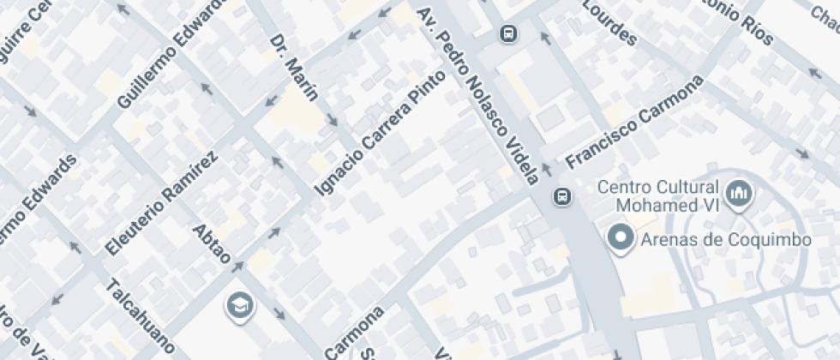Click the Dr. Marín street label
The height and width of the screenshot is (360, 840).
(x=293, y=67)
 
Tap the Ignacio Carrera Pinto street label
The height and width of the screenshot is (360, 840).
(x=381, y=132)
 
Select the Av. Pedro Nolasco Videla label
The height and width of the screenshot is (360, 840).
(x=477, y=94)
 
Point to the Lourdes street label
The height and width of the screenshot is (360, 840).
(x=609, y=22)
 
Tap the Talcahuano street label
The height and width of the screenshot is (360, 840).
(x=140, y=317)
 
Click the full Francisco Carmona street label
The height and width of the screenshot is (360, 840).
(x=634, y=120)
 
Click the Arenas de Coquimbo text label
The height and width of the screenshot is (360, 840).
(x=726, y=240)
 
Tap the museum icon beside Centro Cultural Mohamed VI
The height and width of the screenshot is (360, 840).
(x=738, y=195)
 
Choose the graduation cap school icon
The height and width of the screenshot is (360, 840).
(x=238, y=303)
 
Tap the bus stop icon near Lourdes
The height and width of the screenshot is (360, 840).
(x=508, y=33)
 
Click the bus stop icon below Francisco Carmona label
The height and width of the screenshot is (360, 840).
(x=562, y=196)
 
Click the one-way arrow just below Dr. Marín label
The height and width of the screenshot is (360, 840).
(x=332, y=119)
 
